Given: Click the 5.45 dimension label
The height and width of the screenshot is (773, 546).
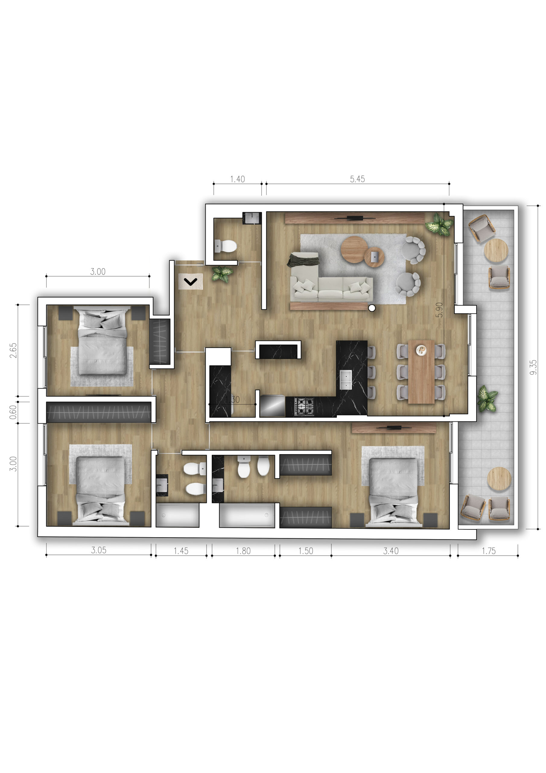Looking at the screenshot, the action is (357, 179).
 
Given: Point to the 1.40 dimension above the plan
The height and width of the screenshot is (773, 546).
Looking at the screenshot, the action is (237, 179).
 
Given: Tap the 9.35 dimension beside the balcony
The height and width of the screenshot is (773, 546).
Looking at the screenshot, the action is (533, 367).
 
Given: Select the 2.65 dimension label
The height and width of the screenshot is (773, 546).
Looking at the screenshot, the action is (13, 351).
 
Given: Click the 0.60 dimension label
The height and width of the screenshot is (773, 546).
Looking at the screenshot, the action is (13, 412).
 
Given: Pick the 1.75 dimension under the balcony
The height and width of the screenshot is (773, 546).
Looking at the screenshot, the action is (488, 551).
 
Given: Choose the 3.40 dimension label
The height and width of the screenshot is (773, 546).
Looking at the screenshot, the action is (391, 551).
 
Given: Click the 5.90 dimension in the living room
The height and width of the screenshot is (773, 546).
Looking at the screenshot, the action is (439, 310).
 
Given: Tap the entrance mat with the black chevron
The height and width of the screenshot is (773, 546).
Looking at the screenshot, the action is (191, 281).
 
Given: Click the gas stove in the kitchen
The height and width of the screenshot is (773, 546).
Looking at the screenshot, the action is (304, 406).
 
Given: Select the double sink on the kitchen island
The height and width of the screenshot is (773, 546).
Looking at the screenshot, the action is (345, 380).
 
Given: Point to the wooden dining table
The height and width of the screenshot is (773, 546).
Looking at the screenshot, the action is (421, 372).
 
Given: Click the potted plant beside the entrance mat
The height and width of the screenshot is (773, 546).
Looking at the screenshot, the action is (222, 273).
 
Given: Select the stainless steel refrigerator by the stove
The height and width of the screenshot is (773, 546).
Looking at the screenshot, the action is (272, 406).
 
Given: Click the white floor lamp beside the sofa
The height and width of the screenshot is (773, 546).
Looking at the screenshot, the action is (372, 308).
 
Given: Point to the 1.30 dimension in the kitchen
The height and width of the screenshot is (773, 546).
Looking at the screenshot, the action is (232, 399).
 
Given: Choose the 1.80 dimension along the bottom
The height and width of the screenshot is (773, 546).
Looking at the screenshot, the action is (243, 551).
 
